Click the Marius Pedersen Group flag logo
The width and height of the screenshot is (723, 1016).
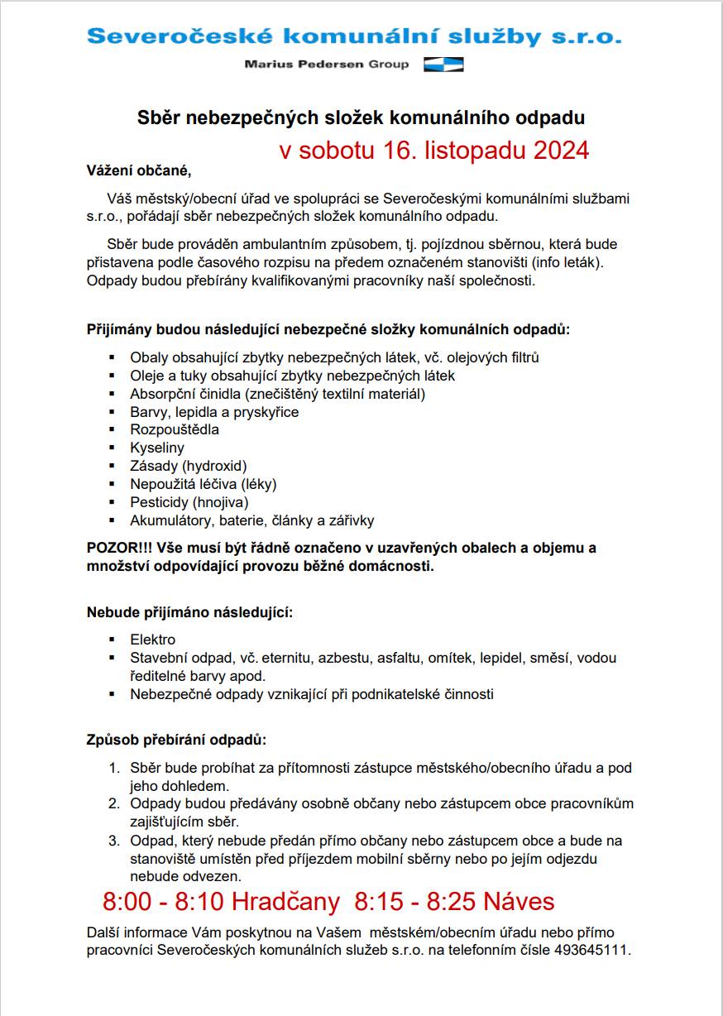coord(443,65)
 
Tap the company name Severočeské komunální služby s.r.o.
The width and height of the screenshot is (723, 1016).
coord(354,36)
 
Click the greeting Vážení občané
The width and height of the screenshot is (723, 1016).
coord(139,171)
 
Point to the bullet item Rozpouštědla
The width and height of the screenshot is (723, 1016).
coord(175,429)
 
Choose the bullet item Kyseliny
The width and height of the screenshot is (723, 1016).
coord(157,448)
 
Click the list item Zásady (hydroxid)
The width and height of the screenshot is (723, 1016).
coord(189,466)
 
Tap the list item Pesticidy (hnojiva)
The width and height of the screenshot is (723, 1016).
coord(189,502)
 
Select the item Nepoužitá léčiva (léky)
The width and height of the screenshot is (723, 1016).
coord(203,484)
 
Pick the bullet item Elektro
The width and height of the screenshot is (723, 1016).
coord(153,640)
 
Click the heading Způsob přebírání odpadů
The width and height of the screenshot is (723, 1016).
coord(177,739)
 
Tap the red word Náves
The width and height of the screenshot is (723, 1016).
coord(519,901)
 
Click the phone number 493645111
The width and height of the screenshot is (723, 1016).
coord(595,951)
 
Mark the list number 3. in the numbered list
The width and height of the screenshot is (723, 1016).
coord(115,841)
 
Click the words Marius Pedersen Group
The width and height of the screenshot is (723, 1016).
coord(327,65)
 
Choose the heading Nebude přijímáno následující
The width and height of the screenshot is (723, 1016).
coord(190,613)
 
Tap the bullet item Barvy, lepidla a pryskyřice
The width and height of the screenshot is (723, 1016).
coord(214,412)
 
